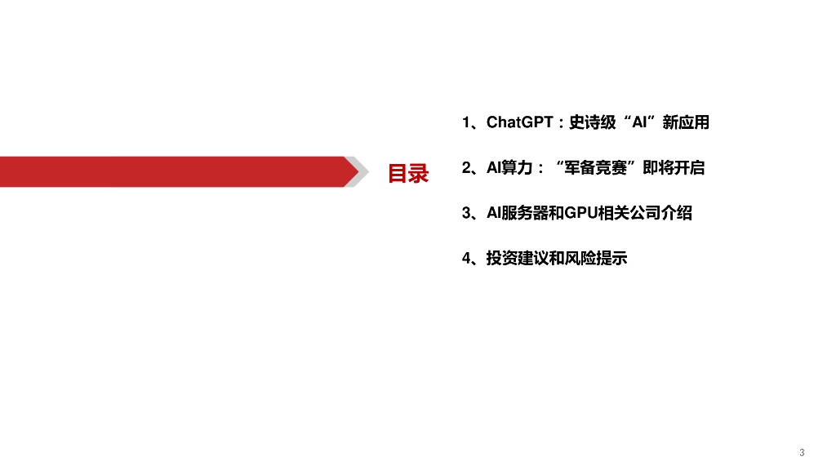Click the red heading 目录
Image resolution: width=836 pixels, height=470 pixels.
coord(407,173)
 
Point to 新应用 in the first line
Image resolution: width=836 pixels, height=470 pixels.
coord(686,122)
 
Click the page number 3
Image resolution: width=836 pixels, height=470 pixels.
coord(802,452)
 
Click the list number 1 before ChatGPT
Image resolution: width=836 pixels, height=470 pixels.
coord(465,122)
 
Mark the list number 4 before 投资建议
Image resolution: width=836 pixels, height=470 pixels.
coord(465,259)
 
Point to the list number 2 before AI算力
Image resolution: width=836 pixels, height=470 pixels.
coord(465,168)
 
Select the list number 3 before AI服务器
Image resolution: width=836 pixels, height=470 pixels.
coord(465,213)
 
